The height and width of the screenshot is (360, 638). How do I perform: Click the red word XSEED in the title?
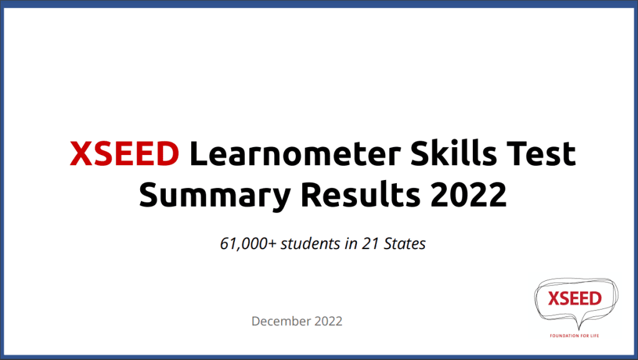click(x=125, y=153)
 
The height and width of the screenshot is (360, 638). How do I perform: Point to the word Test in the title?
click(x=541, y=153)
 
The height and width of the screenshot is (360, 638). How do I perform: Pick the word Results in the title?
click(x=361, y=194)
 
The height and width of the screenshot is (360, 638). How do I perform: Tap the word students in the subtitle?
click(x=310, y=244)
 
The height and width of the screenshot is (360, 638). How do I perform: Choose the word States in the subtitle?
click(x=404, y=244)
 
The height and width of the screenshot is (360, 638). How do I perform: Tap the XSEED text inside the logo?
click(x=574, y=298)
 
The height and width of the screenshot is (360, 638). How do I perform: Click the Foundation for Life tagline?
click(x=574, y=336)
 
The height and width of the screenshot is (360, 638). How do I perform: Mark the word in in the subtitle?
click(x=351, y=244)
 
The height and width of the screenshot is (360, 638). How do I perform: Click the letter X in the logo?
click(x=554, y=298)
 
